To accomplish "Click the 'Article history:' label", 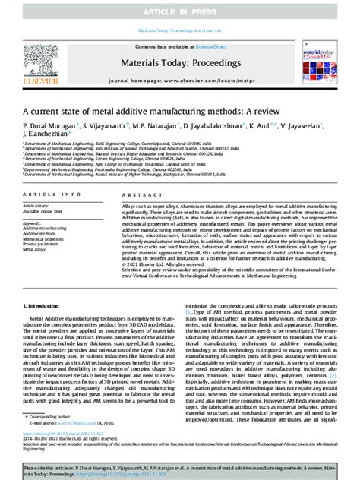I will (x=36, y=205).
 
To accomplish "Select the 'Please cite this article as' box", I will (x=179, y=469).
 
